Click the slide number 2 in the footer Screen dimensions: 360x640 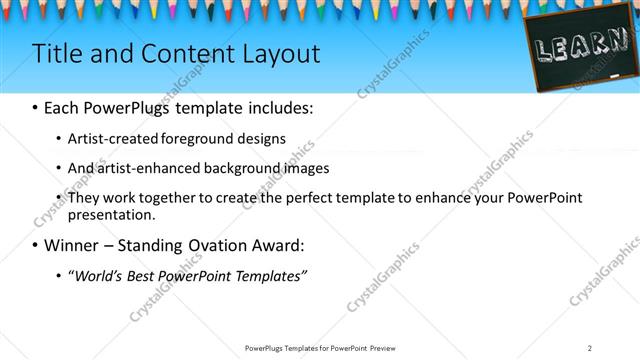[x=590, y=348]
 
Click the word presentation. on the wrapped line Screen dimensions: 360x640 [x=111, y=215]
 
